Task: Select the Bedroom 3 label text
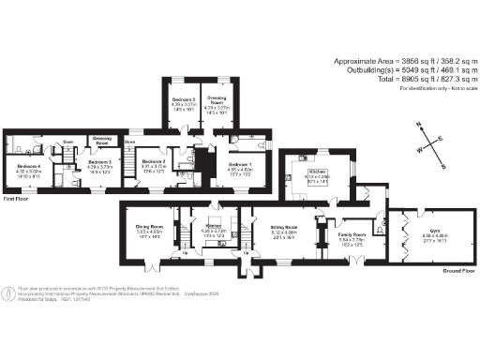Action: pos(99,161)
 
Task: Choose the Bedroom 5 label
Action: pos(184,97)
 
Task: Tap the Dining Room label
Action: pos(150,226)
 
